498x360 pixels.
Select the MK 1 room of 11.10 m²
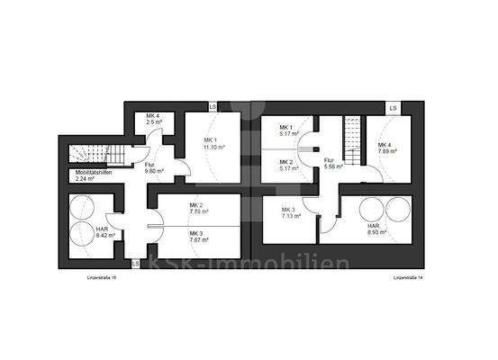pyautogui.click(x=214, y=144)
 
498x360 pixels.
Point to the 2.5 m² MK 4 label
pyautogui.click(x=155, y=120)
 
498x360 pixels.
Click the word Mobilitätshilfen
pyautogui.click(x=94, y=173)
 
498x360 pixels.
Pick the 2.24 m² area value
pyautogui.click(x=86, y=179)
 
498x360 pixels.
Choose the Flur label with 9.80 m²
pyautogui.click(x=154, y=168)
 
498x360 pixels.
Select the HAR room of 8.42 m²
pyautogui.click(x=105, y=233)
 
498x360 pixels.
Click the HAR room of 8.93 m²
pyautogui.click(x=377, y=229)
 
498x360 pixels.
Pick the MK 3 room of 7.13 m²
pyautogui.click(x=290, y=214)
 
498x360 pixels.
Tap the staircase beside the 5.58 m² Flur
pyautogui.click(x=352, y=136)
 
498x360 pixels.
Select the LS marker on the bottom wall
pyautogui.click(x=135, y=264)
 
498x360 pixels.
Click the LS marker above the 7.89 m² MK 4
pyautogui.click(x=394, y=109)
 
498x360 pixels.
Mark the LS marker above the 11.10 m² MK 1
pyautogui.click(x=212, y=107)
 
